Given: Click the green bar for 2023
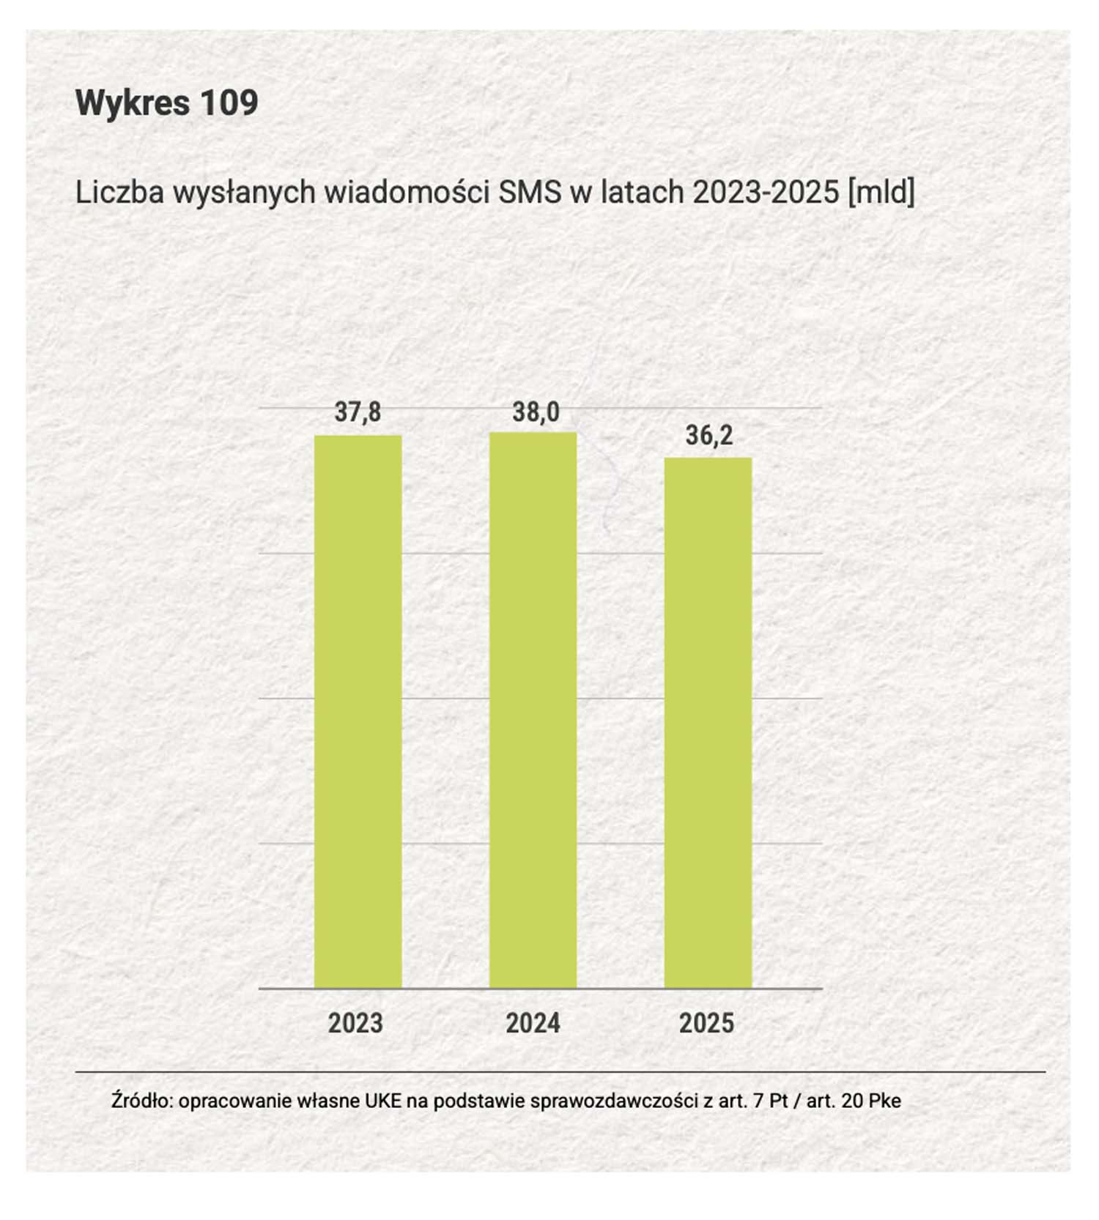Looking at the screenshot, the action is tap(358, 712).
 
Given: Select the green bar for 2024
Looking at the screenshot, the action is tap(533, 710).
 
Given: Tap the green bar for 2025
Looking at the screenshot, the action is tap(708, 723).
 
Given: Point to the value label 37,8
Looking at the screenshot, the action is tap(358, 412).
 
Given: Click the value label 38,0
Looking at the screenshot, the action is tap(536, 412).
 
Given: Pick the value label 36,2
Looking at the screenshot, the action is tap(709, 436).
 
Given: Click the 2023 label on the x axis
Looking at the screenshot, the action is tap(355, 1023).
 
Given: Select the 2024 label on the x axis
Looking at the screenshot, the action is tap(533, 1023).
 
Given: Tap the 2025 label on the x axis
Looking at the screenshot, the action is tap(706, 1023).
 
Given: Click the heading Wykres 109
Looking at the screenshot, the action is tap(167, 103).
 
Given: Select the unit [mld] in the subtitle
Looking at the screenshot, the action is tap(881, 193).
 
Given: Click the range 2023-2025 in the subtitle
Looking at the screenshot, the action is tap(766, 193).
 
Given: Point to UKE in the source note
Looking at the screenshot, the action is tap(383, 1101).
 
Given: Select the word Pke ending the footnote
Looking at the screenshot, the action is tap(885, 1101).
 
